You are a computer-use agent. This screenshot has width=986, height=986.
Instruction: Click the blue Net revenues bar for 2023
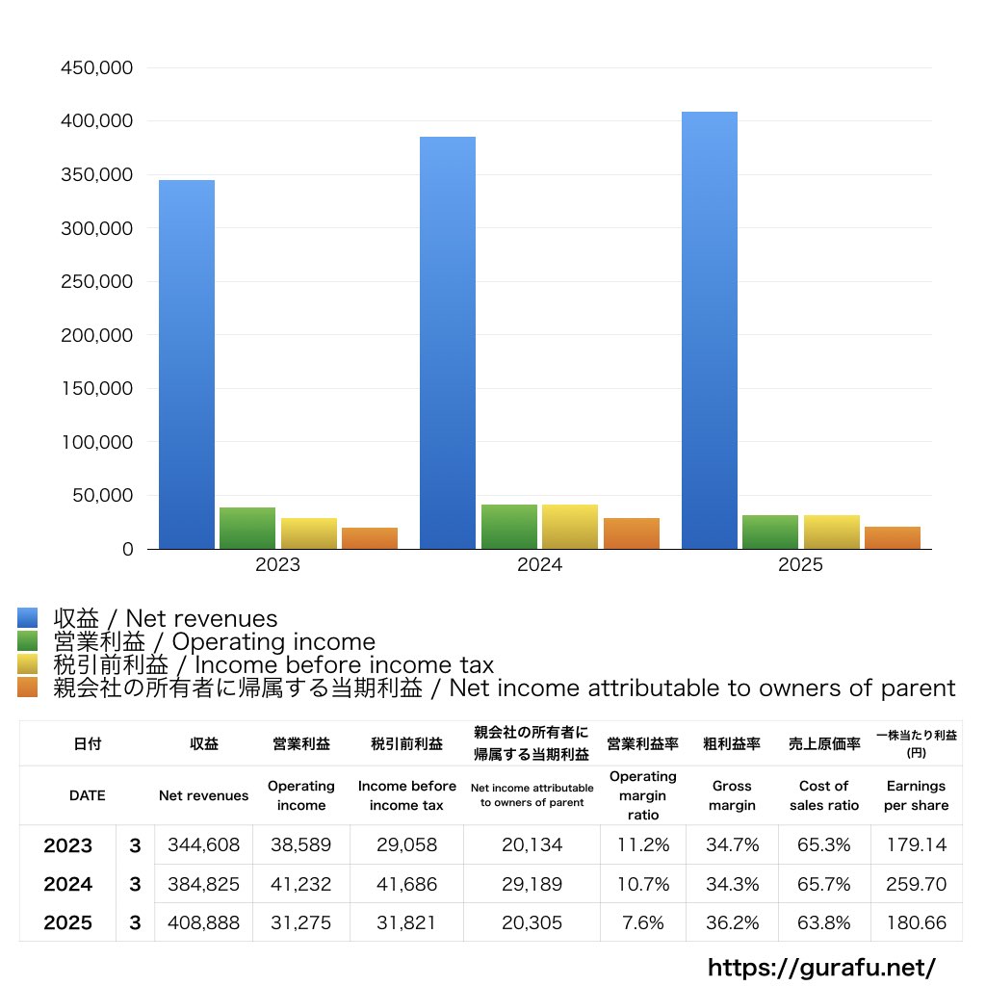point(187,366)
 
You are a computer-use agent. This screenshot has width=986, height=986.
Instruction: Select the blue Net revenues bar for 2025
point(710,332)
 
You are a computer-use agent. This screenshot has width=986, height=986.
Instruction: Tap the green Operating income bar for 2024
point(509,527)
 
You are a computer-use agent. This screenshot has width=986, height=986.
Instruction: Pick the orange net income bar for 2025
point(893,538)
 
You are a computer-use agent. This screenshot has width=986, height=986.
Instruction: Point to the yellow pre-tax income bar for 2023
point(309,533)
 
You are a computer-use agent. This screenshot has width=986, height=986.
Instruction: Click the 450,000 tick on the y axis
point(96,68)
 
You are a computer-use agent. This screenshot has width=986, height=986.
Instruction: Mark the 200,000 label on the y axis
point(96,336)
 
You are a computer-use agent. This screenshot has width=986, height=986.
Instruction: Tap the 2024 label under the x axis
point(539,565)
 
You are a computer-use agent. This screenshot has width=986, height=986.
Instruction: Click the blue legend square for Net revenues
point(28,618)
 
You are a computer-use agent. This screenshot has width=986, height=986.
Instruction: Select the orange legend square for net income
point(28,688)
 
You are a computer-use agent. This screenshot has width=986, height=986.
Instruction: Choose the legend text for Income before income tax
point(273,664)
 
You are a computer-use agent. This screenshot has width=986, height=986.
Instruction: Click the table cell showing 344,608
point(203,845)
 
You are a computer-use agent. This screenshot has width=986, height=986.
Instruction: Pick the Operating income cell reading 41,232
point(301,884)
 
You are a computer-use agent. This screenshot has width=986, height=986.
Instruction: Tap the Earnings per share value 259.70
point(916,884)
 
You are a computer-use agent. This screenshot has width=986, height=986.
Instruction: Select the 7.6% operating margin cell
point(643,922)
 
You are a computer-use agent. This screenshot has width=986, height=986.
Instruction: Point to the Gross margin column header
point(732,795)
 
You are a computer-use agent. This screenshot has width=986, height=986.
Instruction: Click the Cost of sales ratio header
point(823,795)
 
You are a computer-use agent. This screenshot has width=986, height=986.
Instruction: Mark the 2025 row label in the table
point(67,922)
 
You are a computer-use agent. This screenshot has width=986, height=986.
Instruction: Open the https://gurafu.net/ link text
point(821,967)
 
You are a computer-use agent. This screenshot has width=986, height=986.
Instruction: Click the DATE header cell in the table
point(87,795)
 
